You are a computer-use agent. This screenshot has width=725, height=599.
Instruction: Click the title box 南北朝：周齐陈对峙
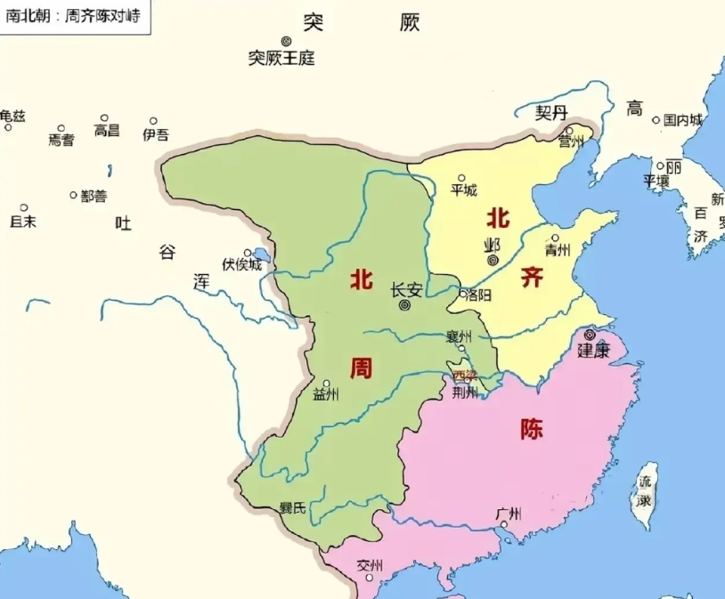pos(74,16)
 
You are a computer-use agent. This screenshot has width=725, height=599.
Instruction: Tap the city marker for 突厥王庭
pos(287,41)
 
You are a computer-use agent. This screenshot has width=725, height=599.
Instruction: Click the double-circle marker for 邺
pos(493,260)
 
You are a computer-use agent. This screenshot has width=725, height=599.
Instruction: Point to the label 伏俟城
pos(243,264)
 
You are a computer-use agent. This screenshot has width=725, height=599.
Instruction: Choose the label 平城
pos(463,190)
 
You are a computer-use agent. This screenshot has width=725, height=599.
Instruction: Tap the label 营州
pos(570,142)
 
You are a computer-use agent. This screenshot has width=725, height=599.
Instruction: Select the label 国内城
pos(682,119)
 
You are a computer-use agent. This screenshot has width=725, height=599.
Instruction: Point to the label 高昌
pos(107,130)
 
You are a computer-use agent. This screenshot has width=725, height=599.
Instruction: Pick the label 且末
pos(23,221)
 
